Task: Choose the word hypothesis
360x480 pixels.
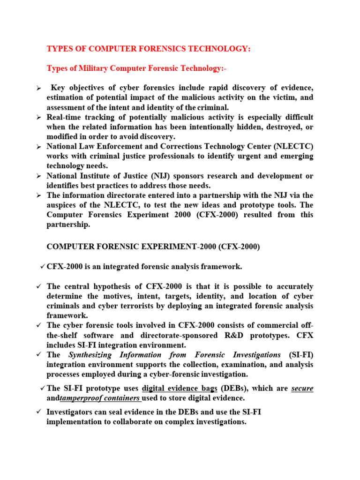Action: pos(119,286)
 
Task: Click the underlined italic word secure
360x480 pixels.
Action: pos(302,388)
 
